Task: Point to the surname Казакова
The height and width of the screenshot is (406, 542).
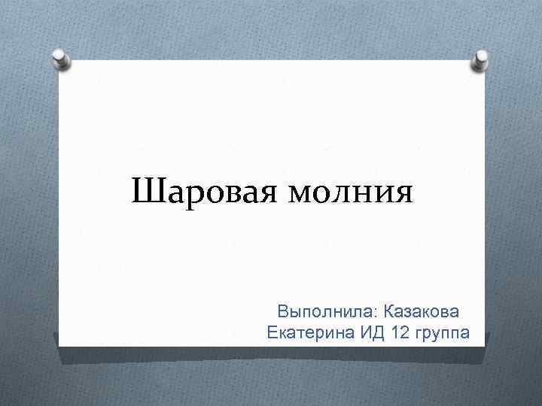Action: coord(422,311)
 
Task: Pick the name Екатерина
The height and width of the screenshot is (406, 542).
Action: coord(310,332)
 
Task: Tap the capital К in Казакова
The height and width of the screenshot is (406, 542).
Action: coord(388,311)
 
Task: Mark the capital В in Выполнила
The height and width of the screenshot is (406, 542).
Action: coord(283,311)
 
